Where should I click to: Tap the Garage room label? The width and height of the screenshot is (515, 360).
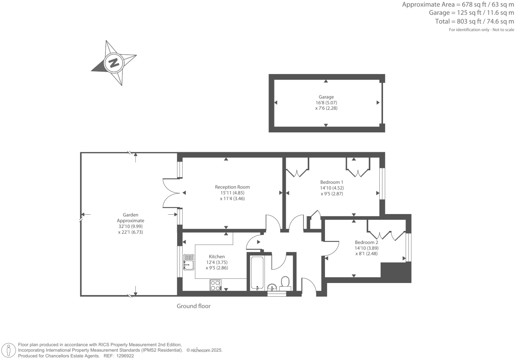click(x=326, y=97)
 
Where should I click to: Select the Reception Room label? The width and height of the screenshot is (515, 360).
click(x=232, y=187)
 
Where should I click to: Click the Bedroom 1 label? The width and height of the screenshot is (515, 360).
click(x=331, y=182)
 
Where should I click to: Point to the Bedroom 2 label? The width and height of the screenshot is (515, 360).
click(x=366, y=242)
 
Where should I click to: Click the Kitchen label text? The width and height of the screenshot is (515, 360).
click(x=217, y=256)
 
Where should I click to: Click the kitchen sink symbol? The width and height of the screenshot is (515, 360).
click(x=188, y=262)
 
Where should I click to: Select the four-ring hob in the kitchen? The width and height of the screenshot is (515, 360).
click(x=215, y=285)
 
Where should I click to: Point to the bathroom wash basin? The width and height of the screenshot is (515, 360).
click(x=272, y=287)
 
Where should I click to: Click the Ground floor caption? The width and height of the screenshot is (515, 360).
click(x=193, y=306)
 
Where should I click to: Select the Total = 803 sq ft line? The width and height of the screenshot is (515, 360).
click(x=474, y=22)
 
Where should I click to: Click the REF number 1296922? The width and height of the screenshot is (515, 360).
click(x=124, y=356)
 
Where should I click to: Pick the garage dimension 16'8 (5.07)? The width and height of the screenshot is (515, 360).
click(x=326, y=103)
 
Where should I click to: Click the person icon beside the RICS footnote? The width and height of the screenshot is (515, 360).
click(x=9, y=350)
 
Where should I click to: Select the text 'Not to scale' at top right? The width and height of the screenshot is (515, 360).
click(x=503, y=30)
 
